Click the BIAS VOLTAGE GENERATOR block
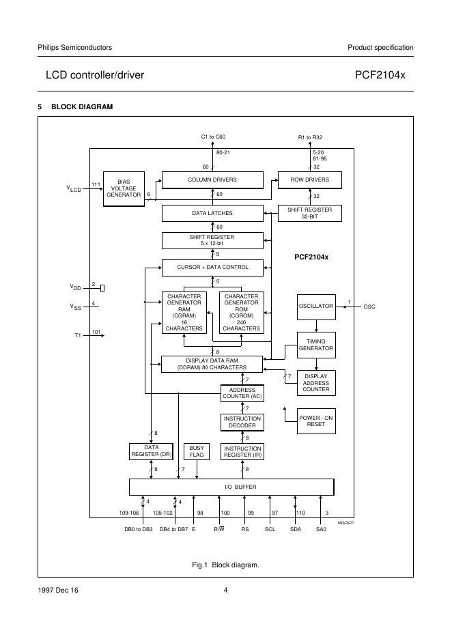[124, 188]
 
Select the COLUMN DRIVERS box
[212, 180]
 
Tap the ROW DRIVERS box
[309, 180]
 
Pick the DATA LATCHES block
[212, 213]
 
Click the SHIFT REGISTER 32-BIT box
[309, 213]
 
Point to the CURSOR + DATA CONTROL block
[212, 267]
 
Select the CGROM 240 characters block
[241, 313]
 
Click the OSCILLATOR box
[315, 307]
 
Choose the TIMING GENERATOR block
[315, 345]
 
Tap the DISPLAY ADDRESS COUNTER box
[316, 382]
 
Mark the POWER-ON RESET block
[315, 421]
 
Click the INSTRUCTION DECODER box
[241, 421]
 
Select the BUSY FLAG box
[197, 451]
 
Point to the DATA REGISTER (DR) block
[151, 451]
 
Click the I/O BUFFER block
[231, 487]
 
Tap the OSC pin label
[369, 307]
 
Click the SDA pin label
[296, 530]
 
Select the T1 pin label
[78, 336]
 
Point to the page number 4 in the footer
[225, 591]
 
